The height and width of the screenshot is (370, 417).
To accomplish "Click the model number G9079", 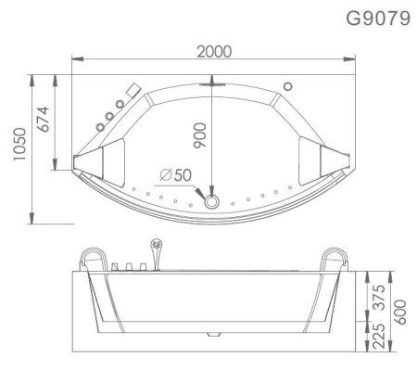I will pos(376,18).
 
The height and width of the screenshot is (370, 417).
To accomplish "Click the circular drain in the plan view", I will pos(213,199).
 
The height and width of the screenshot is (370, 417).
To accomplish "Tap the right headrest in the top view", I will pos(324,156).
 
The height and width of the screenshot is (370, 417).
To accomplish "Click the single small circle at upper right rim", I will pos(287,86).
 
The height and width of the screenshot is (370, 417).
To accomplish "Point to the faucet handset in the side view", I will pos(156,251).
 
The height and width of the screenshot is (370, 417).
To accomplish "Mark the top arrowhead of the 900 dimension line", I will pos(213,86).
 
